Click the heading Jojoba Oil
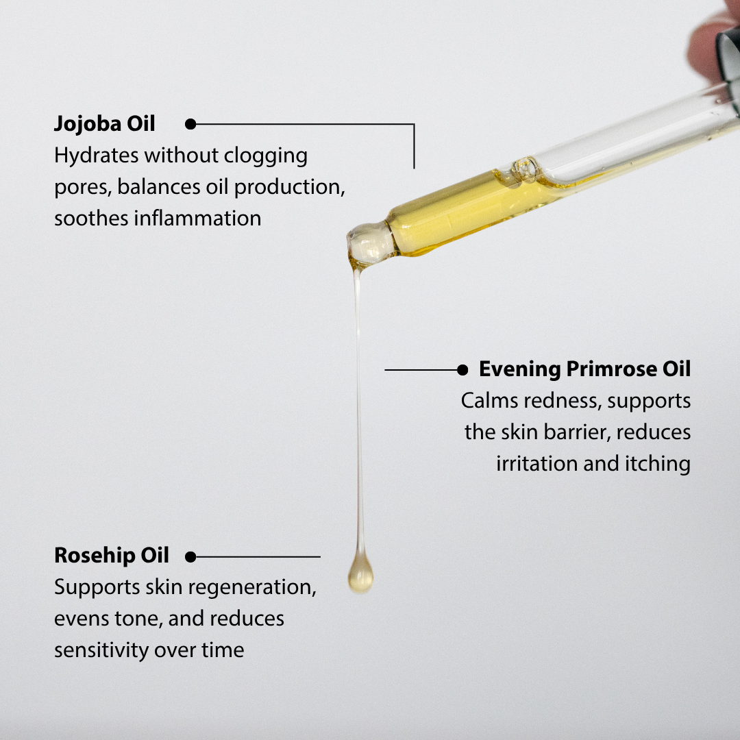click(x=105, y=124)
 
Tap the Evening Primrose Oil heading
click(x=584, y=369)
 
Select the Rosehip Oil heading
click(x=112, y=556)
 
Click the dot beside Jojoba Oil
click(x=190, y=124)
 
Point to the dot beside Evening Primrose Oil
click(x=463, y=370)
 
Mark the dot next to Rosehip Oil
click(x=190, y=557)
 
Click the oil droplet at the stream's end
click(x=360, y=576)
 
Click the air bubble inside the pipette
click(x=525, y=169)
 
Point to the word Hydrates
click(x=97, y=156)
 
